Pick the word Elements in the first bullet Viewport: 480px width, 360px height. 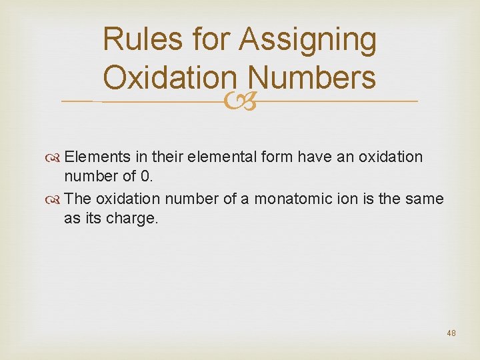pos(93,157)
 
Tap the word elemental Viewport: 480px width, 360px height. pos(218,157)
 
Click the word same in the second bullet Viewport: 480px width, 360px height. pos(427,199)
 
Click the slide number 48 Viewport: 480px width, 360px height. pos(451,333)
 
